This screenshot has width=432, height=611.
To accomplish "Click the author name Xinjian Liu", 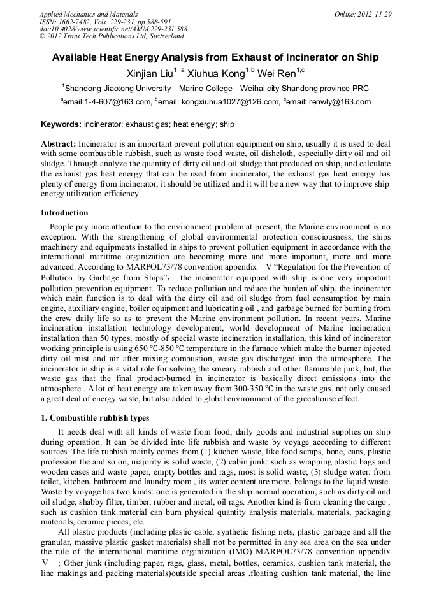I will pos(149,73).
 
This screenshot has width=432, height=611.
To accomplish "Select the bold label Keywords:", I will pos(61,124).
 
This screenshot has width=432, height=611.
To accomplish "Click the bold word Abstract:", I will pos(59,145).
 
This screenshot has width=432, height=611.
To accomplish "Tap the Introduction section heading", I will pos(64,213).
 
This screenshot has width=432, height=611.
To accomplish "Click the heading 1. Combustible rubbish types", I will pos(95,418).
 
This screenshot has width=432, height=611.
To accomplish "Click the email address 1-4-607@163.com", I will pos(108,101).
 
